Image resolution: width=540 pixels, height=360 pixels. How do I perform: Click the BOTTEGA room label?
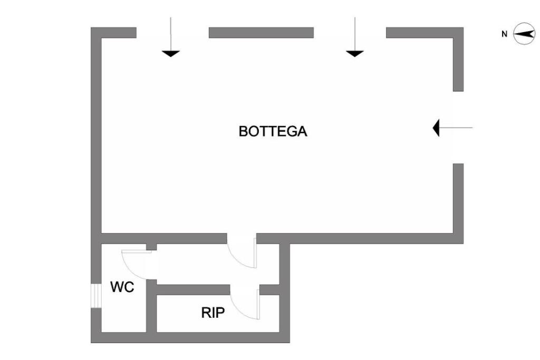[x=273, y=131]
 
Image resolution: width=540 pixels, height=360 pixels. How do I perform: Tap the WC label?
[x=122, y=287]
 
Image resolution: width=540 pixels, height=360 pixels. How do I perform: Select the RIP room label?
[x=213, y=313]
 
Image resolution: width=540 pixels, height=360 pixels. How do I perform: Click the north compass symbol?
[x=524, y=34]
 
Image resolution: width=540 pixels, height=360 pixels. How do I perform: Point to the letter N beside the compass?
[x=504, y=34]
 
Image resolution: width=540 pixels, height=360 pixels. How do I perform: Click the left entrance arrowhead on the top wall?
[x=171, y=53]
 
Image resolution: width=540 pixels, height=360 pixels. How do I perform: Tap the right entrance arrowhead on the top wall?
[x=355, y=53]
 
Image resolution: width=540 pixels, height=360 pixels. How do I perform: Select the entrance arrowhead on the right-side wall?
[x=436, y=128]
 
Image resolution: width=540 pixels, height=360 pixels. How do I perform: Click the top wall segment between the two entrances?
[x=261, y=33]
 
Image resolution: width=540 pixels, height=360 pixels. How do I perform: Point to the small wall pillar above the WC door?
[x=151, y=247]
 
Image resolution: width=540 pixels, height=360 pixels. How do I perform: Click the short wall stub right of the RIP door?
[x=269, y=290]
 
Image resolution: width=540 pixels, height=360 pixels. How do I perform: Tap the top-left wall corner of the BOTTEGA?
[x=96, y=33]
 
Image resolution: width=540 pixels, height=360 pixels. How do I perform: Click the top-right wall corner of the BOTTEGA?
[x=458, y=33]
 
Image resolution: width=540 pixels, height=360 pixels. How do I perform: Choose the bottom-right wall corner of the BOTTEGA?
[x=458, y=238]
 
